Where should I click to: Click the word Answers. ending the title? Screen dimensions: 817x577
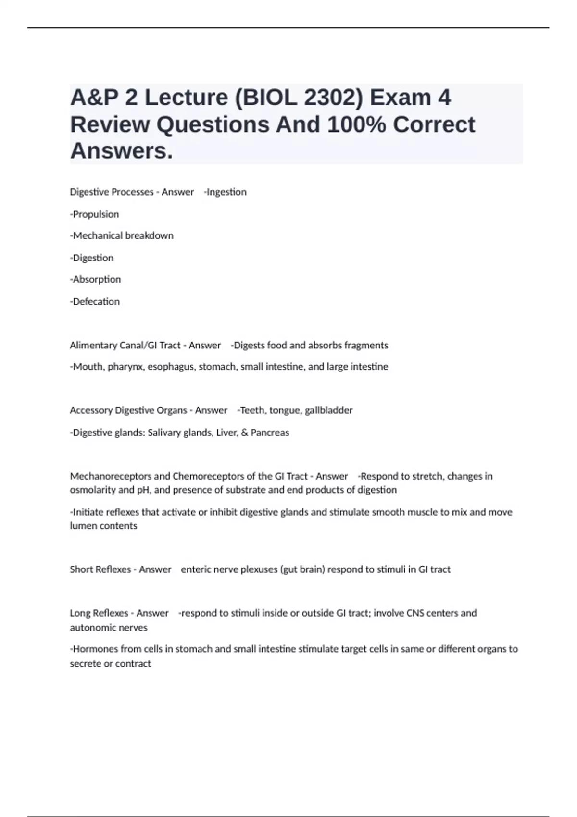tap(121, 151)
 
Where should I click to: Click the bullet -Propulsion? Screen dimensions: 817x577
tap(95, 214)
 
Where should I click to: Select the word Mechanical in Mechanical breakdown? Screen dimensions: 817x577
tap(98, 235)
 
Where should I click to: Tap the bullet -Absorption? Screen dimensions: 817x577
tap(96, 279)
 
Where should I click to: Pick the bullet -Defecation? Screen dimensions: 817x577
tap(95, 302)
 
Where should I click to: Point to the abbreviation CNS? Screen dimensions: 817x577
tap(416, 613)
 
